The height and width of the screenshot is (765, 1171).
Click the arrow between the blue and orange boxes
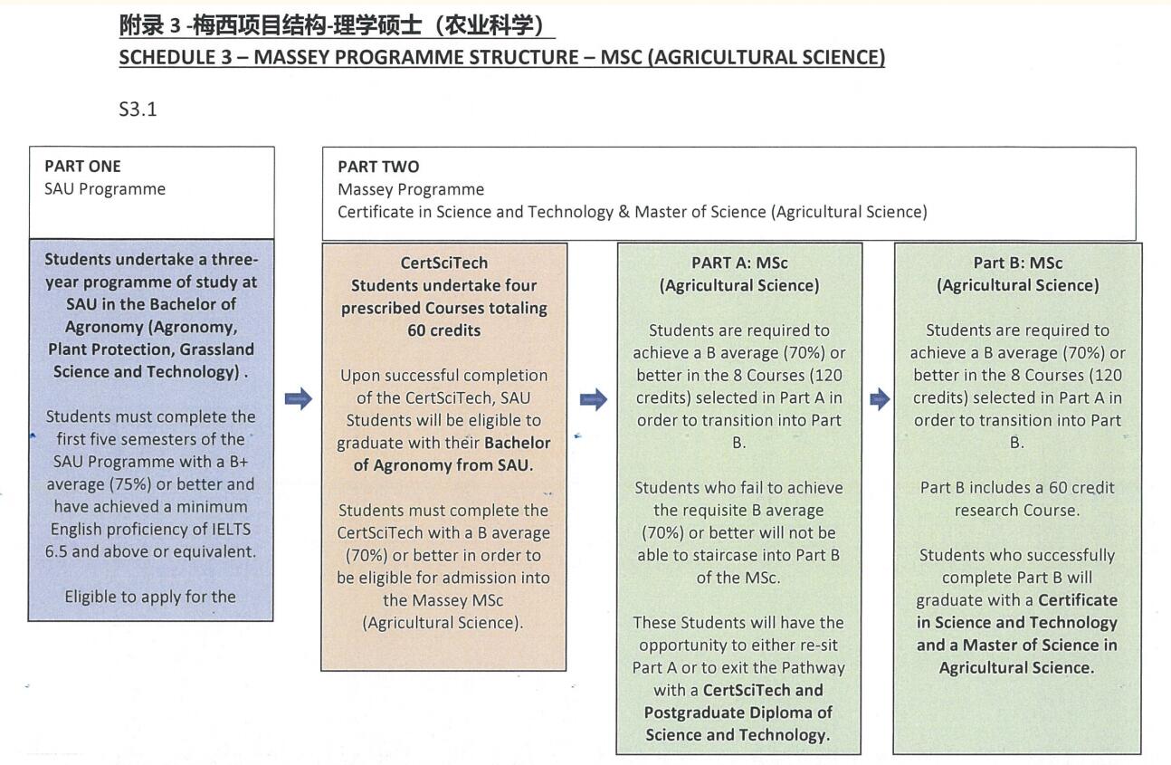pyautogui.click(x=298, y=398)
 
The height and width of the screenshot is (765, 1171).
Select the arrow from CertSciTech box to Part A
pyautogui.click(x=593, y=399)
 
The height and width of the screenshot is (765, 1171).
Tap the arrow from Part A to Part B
pyautogui.click(x=879, y=399)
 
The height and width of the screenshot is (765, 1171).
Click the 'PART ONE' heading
pyautogui.click(x=82, y=167)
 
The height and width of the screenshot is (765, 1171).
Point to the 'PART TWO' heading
pyautogui.click(x=378, y=167)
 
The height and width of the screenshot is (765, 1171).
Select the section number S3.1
pyautogui.click(x=138, y=110)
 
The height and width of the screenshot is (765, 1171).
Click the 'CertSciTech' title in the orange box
pyautogui.click(x=443, y=263)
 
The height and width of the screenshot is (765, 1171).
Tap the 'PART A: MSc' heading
pyautogui.click(x=739, y=263)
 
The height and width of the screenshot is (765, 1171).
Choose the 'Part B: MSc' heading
pyautogui.click(x=1017, y=263)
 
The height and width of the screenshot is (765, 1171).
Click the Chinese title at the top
pyautogui.click(x=337, y=25)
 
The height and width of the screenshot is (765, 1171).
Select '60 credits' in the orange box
pyautogui.click(x=443, y=330)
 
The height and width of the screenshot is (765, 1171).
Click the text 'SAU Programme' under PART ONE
pyautogui.click(x=105, y=189)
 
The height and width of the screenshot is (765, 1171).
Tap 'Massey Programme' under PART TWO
pyautogui.click(x=411, y=189)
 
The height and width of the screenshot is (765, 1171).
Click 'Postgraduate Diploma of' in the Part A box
pyautogui.click(x=738, y=712)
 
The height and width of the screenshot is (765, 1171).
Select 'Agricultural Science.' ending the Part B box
pyautogui.click(x=1016, y=668)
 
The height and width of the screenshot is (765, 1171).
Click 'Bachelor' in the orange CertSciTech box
pyautogui.click(x=518, y=443)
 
